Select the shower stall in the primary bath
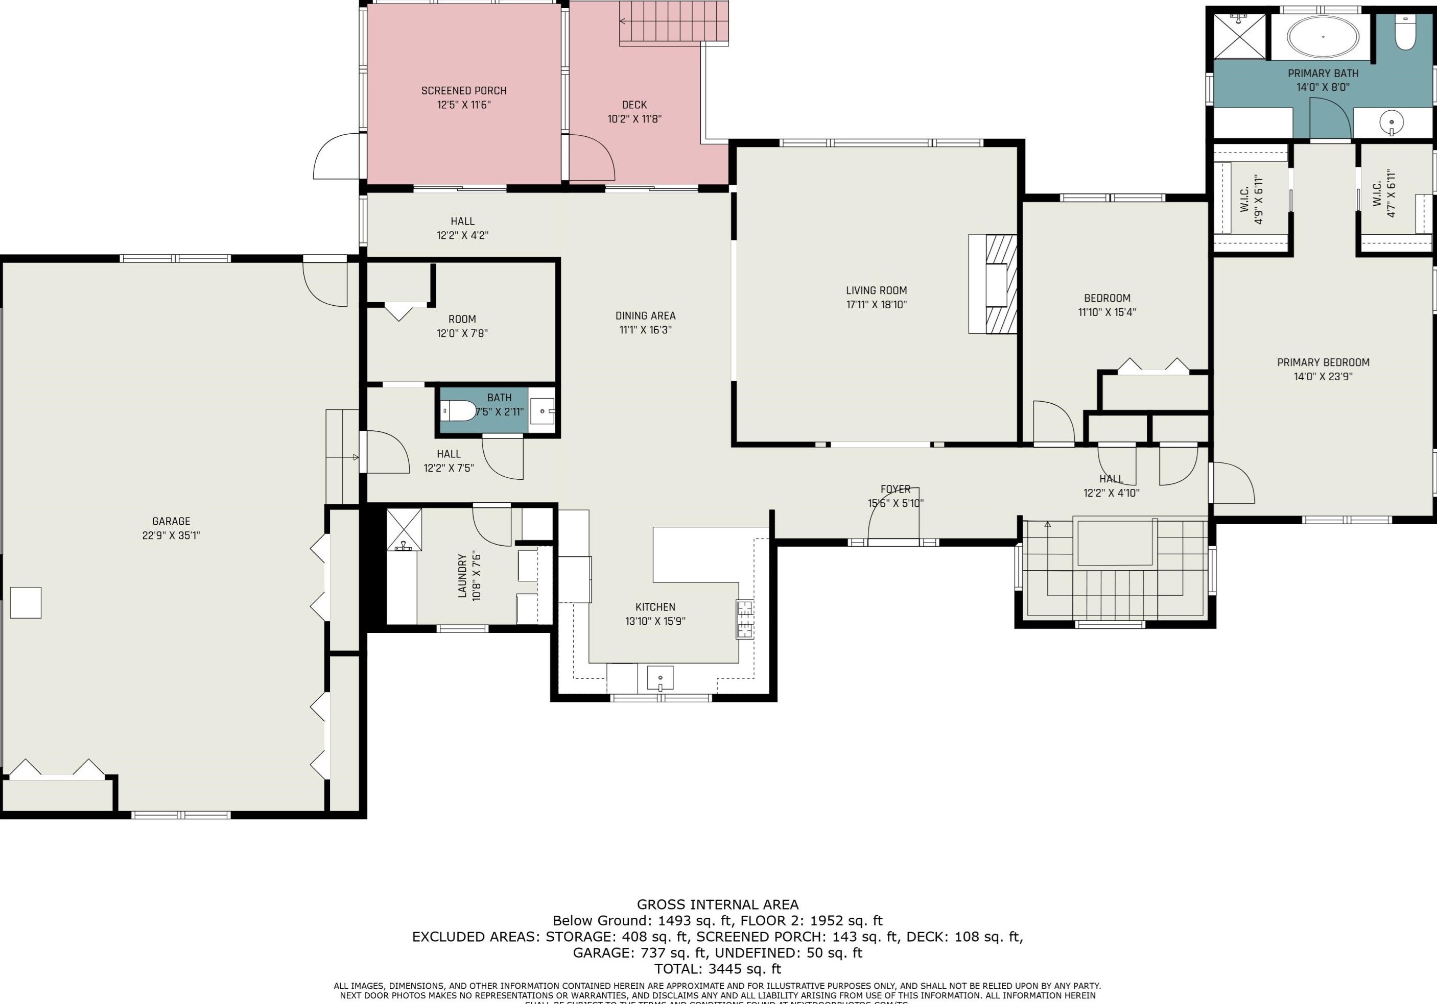pos(1239,37)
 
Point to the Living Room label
pos(876,290)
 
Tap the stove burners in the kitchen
pos(744,619)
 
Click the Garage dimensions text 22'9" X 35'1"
pos(171,535)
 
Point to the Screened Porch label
pos(464,91)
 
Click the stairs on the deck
pos(674,23)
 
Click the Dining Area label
pos(645,316)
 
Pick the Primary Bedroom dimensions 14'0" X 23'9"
pos(1323,377)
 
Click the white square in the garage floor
pos(26,602)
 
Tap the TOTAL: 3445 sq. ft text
pos(717,969)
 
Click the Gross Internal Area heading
pos(717,904)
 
